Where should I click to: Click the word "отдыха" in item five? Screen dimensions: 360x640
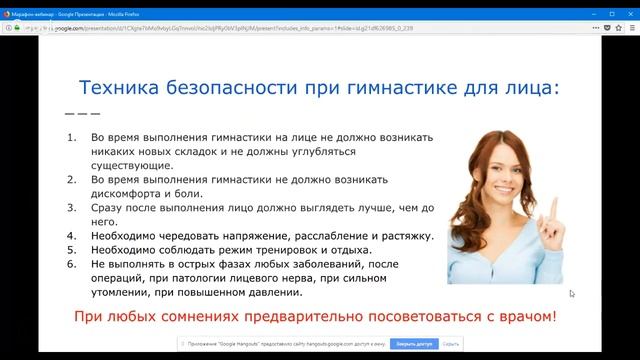[347, 250]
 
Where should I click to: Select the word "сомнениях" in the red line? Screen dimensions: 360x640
[189, 317]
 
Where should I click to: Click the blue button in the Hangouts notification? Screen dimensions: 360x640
[412, 343]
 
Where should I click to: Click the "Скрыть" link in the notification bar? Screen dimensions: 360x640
[450, 343]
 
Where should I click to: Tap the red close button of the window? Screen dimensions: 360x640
[627, 8]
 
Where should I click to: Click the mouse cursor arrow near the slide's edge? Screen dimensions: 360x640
[572, 294]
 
